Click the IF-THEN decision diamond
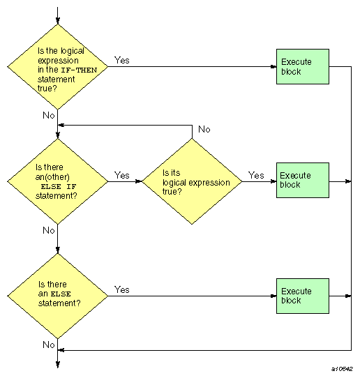pos(57,67)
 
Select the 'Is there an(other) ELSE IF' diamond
pos(57,181)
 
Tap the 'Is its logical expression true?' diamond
pos(192,181)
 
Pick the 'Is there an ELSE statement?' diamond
pos(57,295)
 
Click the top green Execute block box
pos(302,67)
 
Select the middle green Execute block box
pos(302,181)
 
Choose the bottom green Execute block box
pos(302,295)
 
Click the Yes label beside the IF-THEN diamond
pos(121,60)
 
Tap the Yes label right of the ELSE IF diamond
pos(121,175)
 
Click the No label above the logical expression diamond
pos(204,130)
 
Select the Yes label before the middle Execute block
pos(256,175)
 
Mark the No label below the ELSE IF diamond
pos(47,230)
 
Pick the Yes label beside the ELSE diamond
pos(121,289)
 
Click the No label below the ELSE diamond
pos(47,345)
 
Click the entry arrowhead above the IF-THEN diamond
pos(57,20)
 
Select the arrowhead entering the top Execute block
pos(273,67)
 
